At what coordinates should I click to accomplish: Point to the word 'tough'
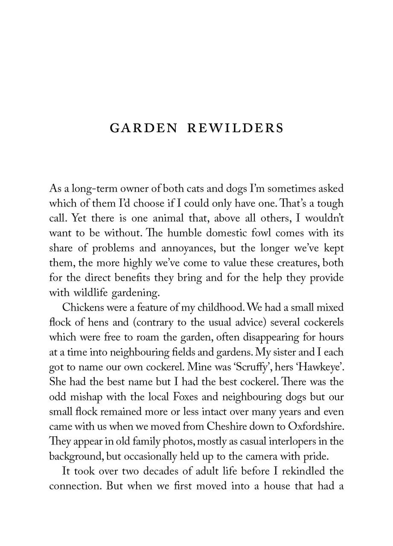329,204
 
